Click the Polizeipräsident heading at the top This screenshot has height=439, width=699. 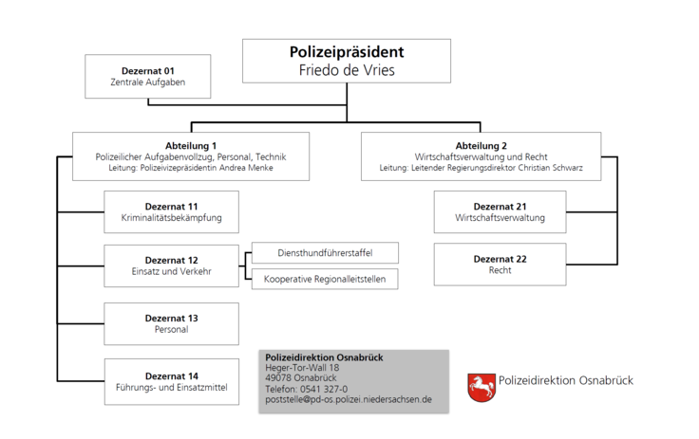[347, 52]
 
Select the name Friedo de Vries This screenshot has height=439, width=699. [347, 70]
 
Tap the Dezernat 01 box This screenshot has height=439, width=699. [148, 76]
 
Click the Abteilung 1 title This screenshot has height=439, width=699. [191, 146]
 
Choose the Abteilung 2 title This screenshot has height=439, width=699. [481, 146]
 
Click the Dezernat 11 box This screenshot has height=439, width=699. [172, 212]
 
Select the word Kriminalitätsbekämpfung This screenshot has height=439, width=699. [172, 218]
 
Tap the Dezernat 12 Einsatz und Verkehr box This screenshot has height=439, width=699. [172, 265]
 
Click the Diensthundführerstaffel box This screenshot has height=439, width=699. [325, 253]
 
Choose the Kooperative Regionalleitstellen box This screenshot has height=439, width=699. [325, 279]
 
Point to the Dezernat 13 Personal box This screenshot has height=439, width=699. [172, 323]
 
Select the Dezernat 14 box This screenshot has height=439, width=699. [172, 381]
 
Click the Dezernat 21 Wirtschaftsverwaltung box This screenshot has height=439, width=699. [501, 212]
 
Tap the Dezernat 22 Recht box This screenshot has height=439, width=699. [501, 265]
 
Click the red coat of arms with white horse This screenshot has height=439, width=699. [482, 388]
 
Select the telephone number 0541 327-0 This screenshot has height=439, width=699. [324, 389]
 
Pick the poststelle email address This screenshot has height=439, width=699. [349, 399]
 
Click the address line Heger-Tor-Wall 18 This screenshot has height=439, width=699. [302, 368]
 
